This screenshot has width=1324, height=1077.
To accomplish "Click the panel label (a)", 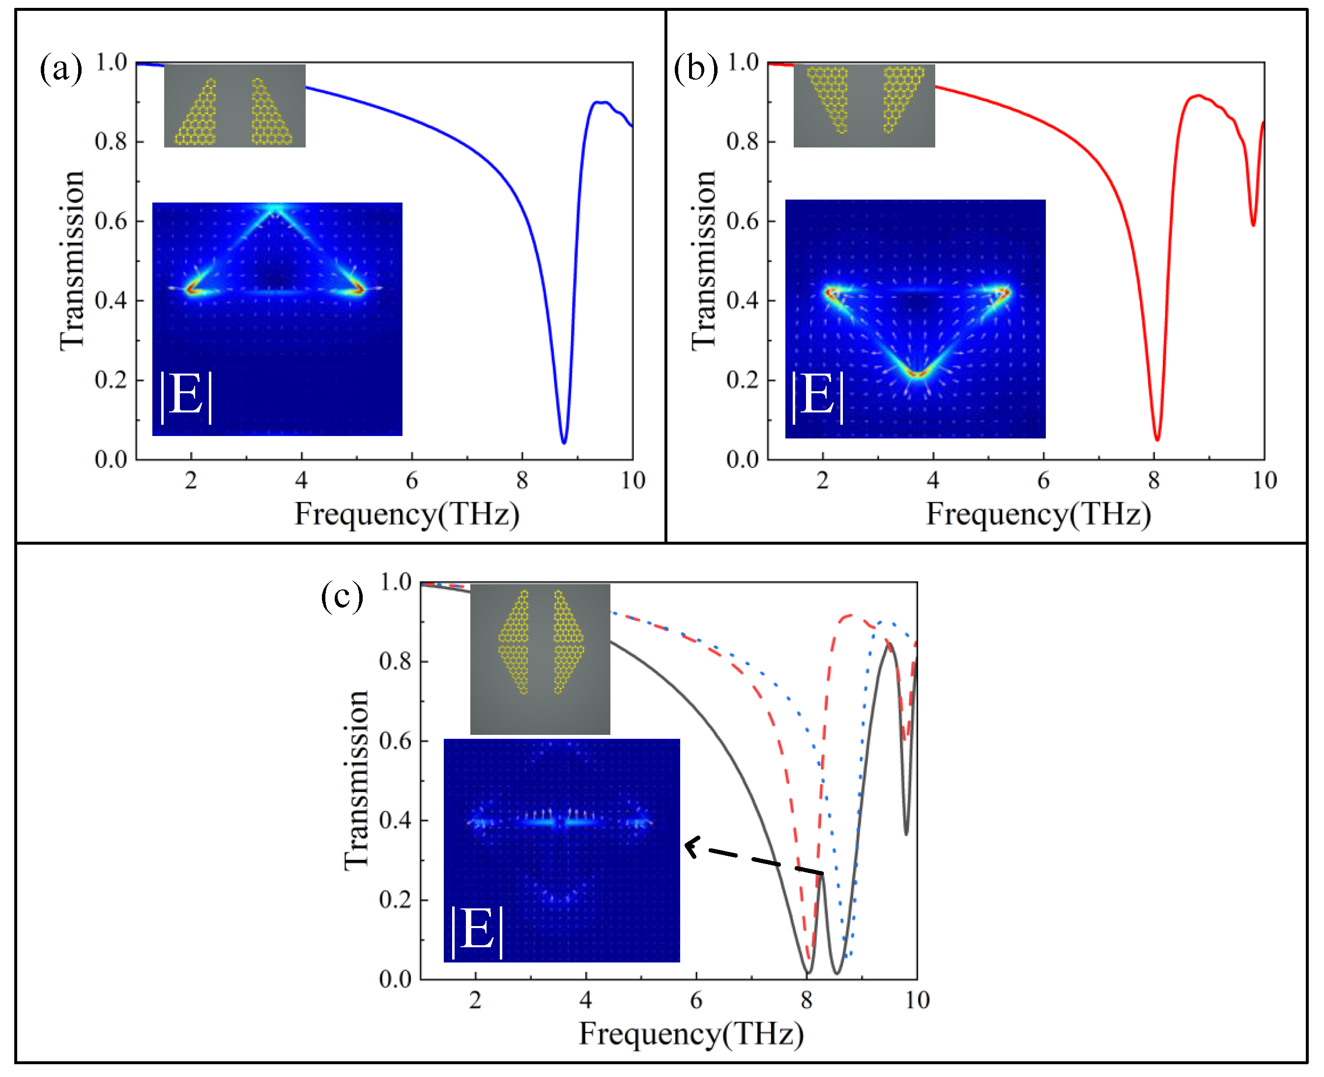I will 61,68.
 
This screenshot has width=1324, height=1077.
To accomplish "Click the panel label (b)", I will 695,68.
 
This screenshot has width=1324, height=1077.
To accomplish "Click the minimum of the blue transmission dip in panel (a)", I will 564,442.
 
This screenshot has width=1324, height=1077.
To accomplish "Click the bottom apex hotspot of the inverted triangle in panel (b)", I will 917,374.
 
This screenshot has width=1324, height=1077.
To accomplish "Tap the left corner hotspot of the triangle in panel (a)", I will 192,288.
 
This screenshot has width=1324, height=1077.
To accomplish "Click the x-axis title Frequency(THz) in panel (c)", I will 691,1034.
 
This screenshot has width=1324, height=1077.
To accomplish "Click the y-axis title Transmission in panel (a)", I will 72,261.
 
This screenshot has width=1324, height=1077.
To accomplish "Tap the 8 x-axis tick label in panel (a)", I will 522,480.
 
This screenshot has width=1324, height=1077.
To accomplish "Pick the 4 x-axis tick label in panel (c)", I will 585,1000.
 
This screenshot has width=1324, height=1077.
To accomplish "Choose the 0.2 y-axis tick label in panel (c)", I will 395,900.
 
